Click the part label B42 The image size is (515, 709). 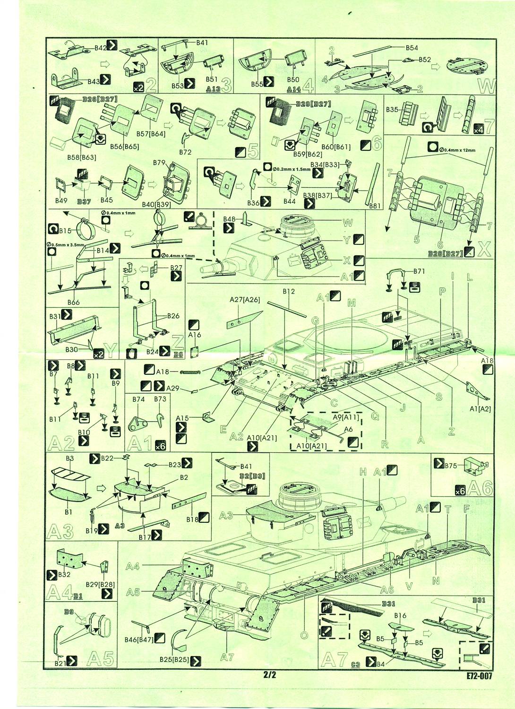point(100,48)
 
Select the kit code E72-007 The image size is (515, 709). point(478,675)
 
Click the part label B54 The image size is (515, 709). point(412,48)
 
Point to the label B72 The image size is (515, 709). point(185,152)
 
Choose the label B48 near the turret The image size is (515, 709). point(229,219)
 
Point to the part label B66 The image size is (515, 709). point(73,302)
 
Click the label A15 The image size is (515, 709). point(182,418)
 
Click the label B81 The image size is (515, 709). point(375,205)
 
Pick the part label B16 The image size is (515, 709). point(400,616)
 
